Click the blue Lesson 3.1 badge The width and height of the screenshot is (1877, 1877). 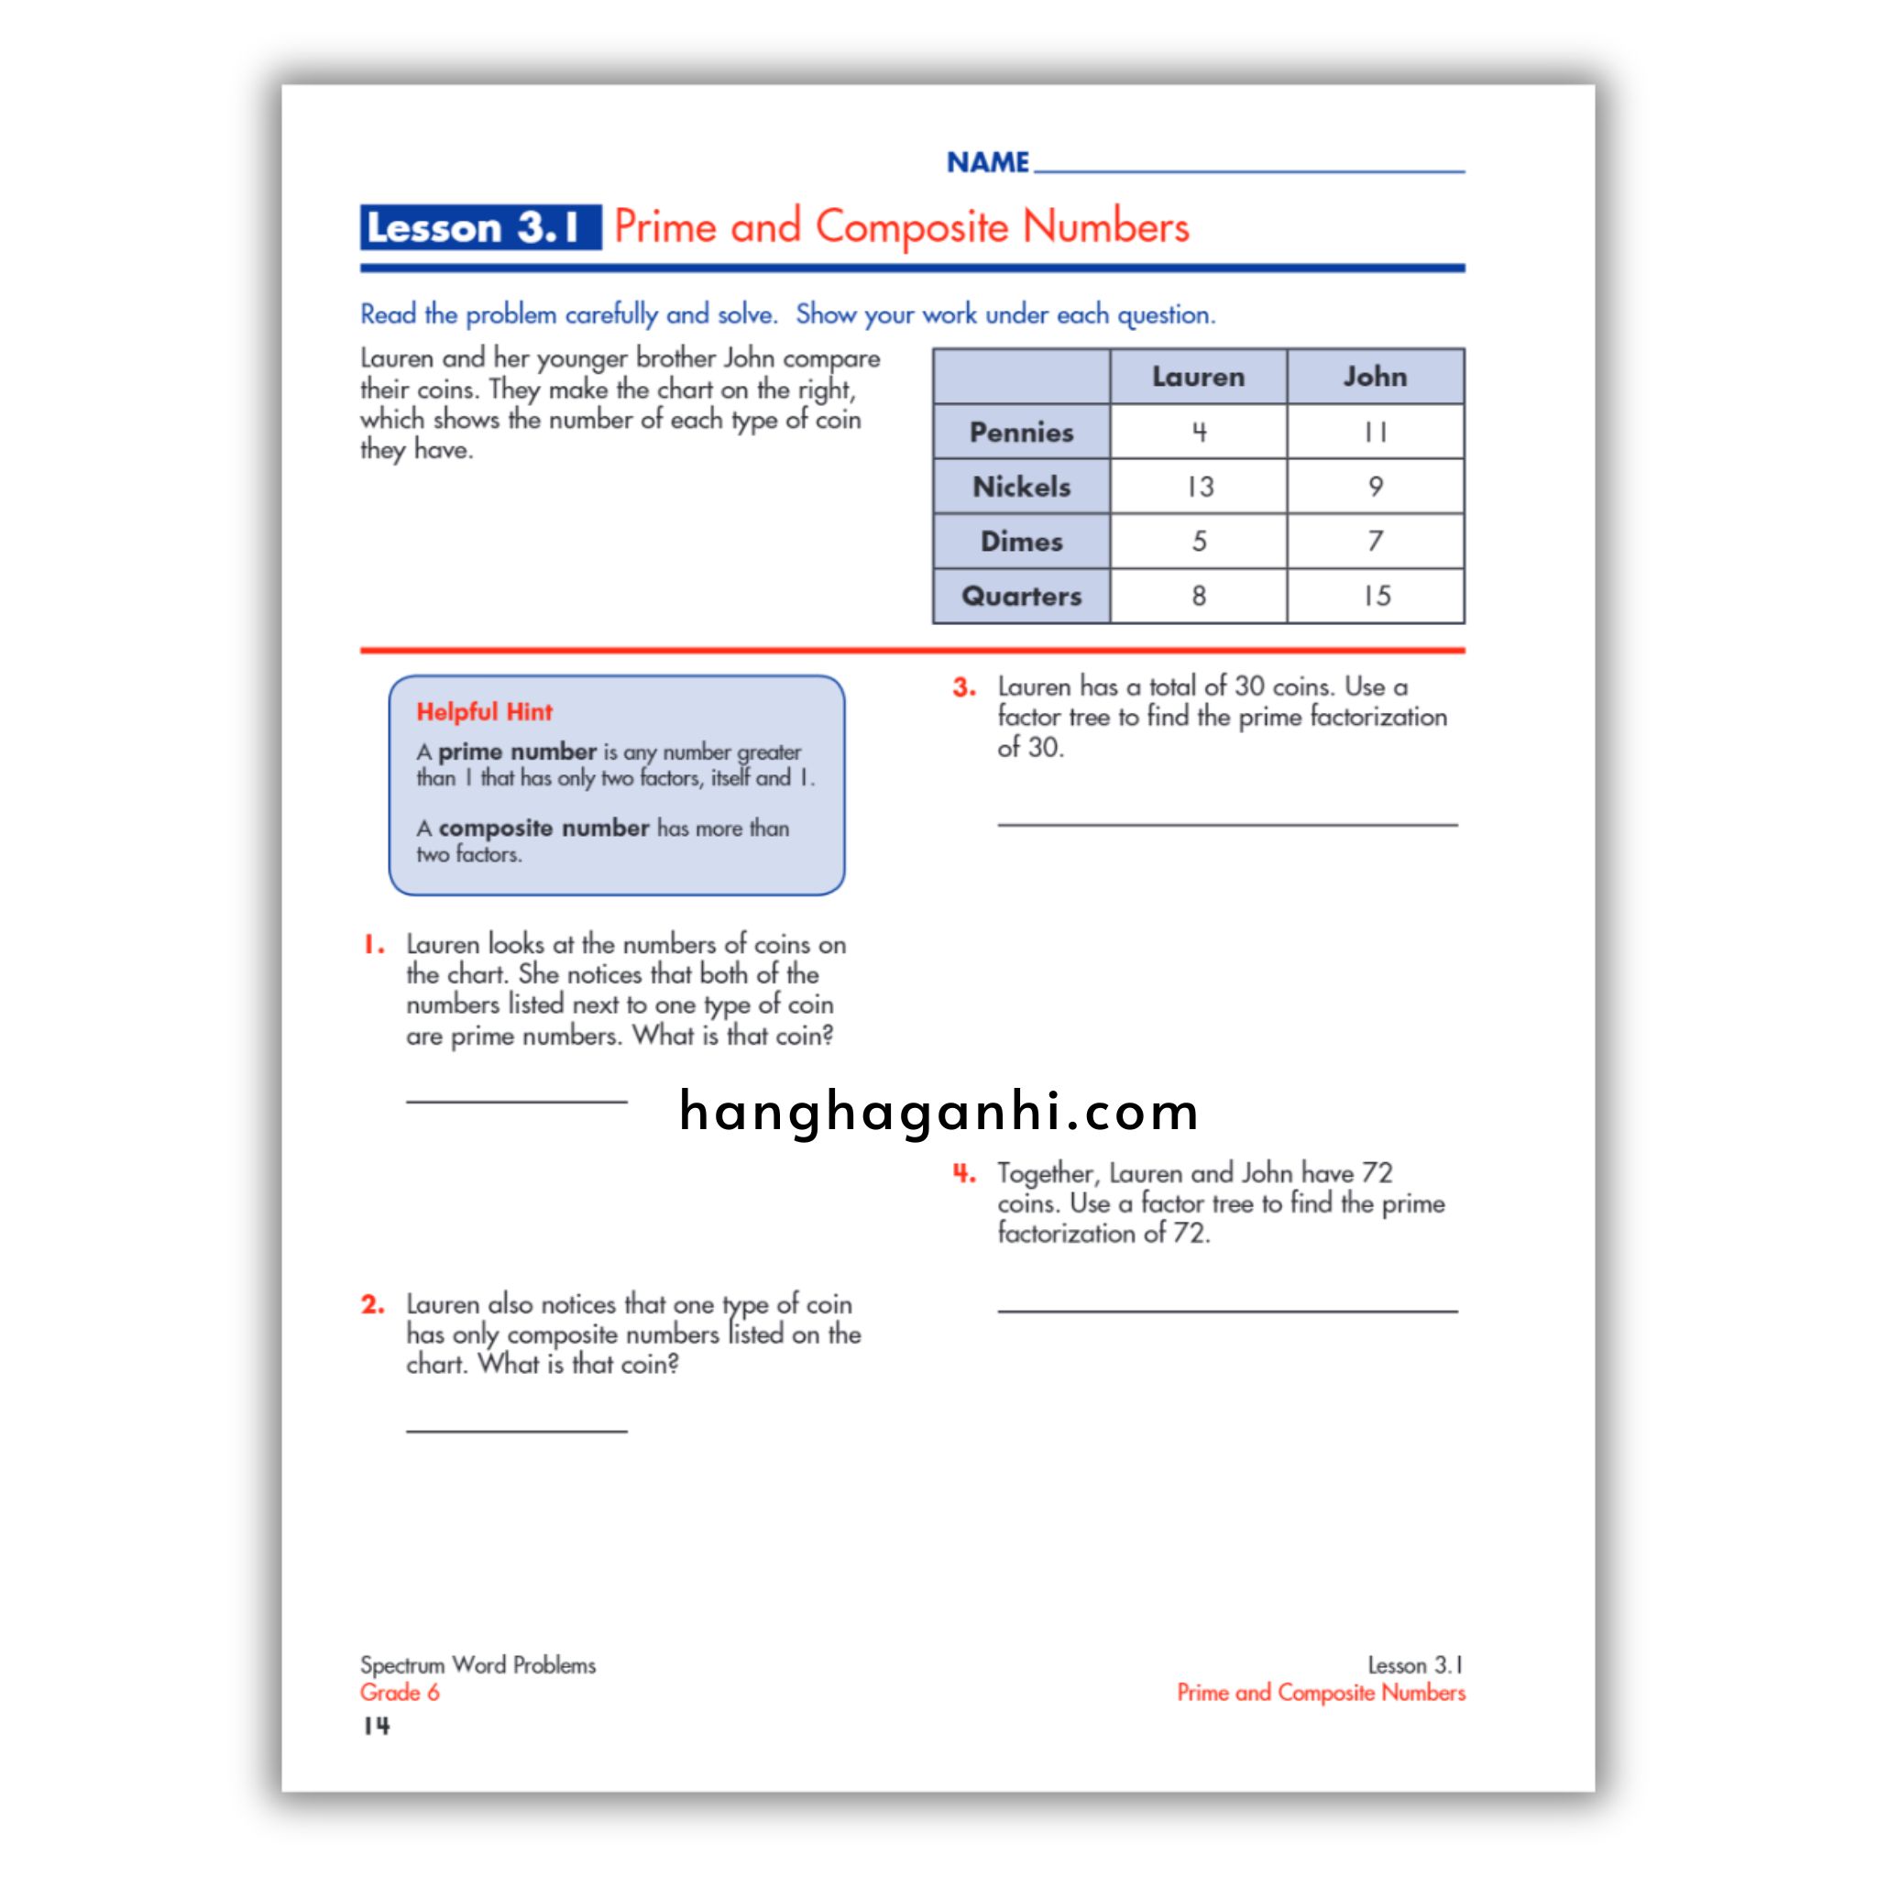coord(480,227)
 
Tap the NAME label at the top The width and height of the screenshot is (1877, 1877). coord(987,162)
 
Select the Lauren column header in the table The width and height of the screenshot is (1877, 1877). coord(1198,377)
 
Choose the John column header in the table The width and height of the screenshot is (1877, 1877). coord(1375,377)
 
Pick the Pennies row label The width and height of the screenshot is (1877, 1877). coord(1021,433)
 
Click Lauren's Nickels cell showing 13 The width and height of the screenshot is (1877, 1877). coord(1199,487)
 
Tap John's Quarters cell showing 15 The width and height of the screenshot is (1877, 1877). coord(1376,596)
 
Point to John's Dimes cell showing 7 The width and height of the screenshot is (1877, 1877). coord(1376,541)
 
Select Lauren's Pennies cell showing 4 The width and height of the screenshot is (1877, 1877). coord(1199,433)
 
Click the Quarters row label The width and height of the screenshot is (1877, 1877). coord(1021,596)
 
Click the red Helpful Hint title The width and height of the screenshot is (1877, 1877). coord(484,712)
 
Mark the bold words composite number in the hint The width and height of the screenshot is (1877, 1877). coord(543,828)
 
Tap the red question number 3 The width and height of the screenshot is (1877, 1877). coord(964,688)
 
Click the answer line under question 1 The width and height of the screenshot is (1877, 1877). coord(516,1101)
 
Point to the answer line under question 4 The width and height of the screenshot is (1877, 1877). coord(1227,1311)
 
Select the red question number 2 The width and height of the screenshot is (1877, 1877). coord(373,1304)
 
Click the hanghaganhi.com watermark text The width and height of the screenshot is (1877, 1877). coord(938,1111)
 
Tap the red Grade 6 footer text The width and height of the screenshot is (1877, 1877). coord(400,1693)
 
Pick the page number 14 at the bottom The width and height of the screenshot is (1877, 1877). coord(376,1727)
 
